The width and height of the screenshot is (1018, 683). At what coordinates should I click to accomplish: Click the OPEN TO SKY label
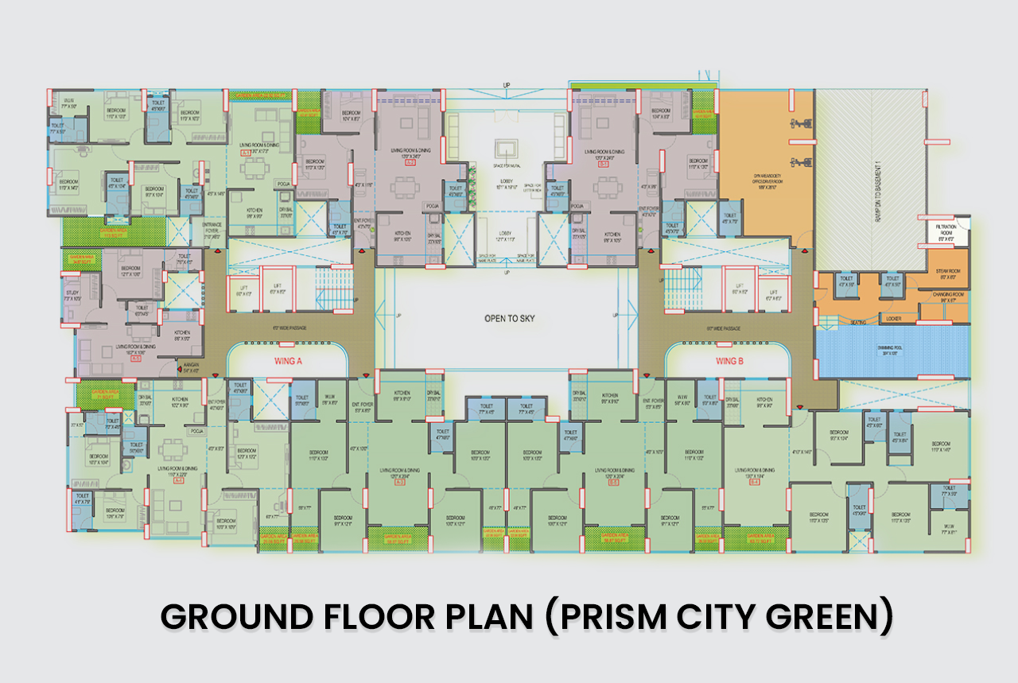[x=510, y=318]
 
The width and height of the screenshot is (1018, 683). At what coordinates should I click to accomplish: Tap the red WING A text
[x=288, y=361]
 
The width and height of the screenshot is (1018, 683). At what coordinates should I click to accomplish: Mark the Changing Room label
[x=948, y=297]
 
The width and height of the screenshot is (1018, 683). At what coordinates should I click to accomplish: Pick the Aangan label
[x=190, y=368]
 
